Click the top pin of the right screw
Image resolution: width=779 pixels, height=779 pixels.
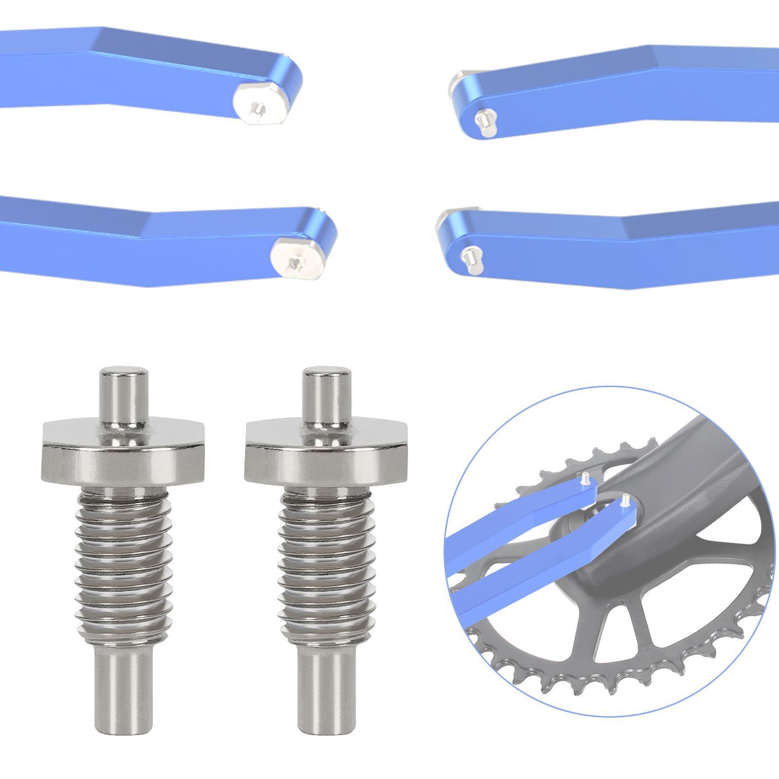click(x=322, y=394)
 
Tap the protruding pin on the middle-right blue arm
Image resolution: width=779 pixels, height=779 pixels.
click(x=469, y=255)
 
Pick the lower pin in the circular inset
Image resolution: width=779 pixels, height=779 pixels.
click(x=624, y=499)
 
